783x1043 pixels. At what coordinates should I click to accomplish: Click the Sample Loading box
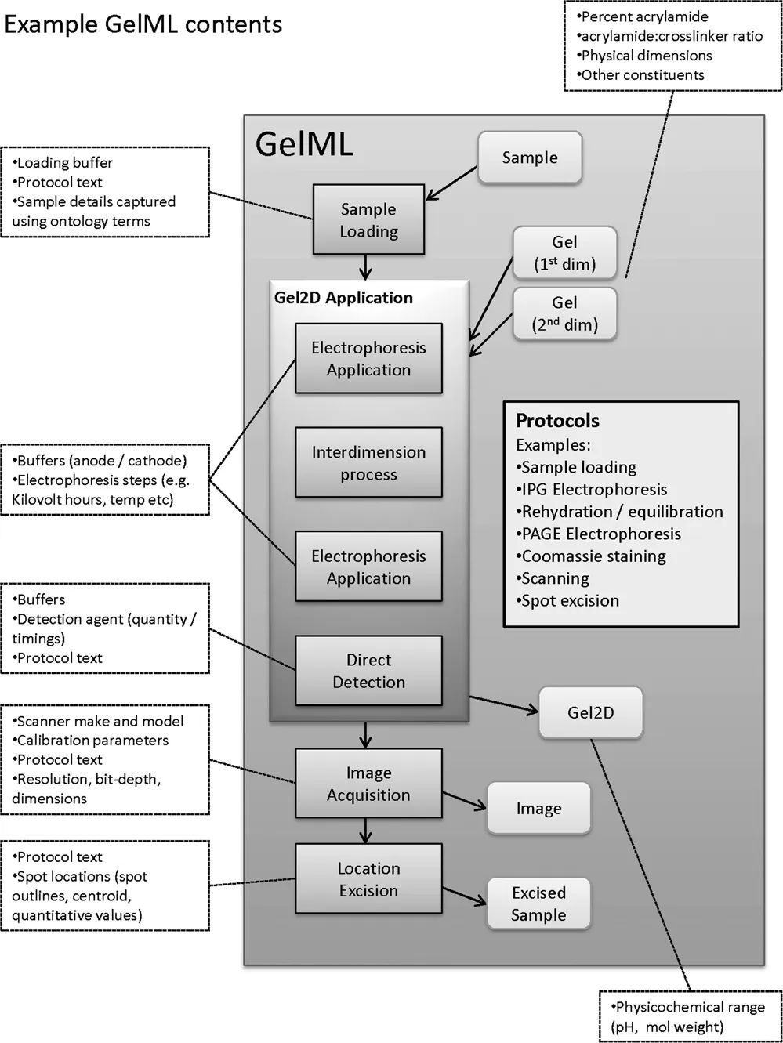[368, 220]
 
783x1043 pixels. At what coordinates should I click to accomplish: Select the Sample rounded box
[530, 158]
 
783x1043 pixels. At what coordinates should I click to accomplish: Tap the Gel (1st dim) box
[564, 253]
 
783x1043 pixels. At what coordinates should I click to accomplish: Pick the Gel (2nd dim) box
[564, 313]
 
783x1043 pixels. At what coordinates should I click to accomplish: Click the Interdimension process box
[368, 463]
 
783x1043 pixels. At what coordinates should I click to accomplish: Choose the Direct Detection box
[368, 671]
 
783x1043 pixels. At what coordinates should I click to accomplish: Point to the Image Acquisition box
[368, 784]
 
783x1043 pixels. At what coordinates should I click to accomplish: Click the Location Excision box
[368, 879]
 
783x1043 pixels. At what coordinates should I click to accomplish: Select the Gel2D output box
[590, 713]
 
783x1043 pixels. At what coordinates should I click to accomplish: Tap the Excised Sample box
[538, 904]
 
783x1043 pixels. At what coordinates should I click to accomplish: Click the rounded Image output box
[538, 809]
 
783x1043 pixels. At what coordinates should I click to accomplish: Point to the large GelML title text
[304, 144]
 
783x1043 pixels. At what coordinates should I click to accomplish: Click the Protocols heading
[557, 421]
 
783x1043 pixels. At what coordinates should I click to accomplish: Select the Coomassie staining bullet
[593, 556]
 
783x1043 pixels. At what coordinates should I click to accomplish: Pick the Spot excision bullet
[570, 601]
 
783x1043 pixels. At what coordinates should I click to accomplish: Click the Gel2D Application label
[343, 298]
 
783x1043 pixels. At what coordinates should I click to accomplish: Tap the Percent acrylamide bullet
[644, 16]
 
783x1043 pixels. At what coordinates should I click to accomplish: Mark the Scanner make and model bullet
[100, 721]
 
